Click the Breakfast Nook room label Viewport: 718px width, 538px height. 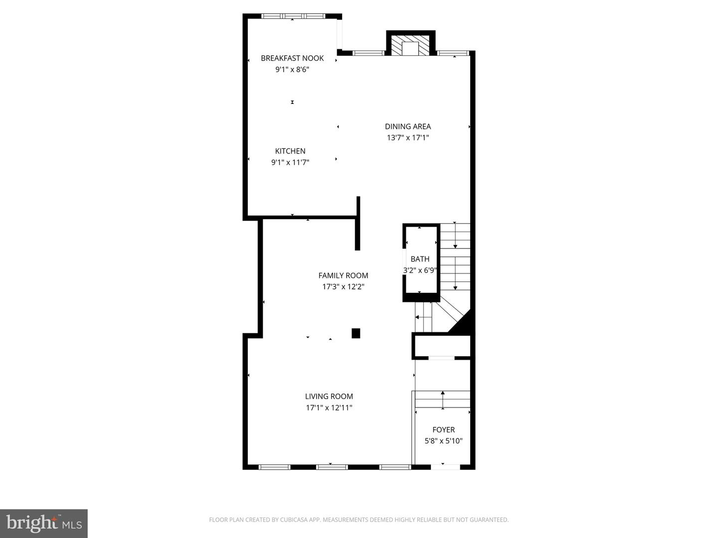(292, 58)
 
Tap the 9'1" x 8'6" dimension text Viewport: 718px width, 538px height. (292, 70)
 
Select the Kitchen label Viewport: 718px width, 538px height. (290, 151)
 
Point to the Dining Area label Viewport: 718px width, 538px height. (408, 127)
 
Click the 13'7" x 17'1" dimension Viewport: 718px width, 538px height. (408, 138)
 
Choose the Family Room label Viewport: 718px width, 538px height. (343, 275)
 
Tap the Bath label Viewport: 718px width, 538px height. (420, 259)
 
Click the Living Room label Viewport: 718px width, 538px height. (329, 397)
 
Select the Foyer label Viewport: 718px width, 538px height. (444, 430)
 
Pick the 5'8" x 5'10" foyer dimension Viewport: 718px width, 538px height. (444, 441)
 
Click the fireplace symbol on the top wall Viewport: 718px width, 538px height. (410, 45)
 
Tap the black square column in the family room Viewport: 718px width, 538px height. (356, 333)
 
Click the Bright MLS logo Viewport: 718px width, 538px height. (44, 524)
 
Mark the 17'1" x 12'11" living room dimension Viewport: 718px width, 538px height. (329, 408)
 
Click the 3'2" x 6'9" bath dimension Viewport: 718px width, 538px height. (420, 270)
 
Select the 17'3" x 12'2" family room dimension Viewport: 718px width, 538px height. (343, 287)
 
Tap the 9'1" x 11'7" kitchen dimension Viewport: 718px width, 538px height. (290, 162)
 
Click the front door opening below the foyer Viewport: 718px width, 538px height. (445, 467)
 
